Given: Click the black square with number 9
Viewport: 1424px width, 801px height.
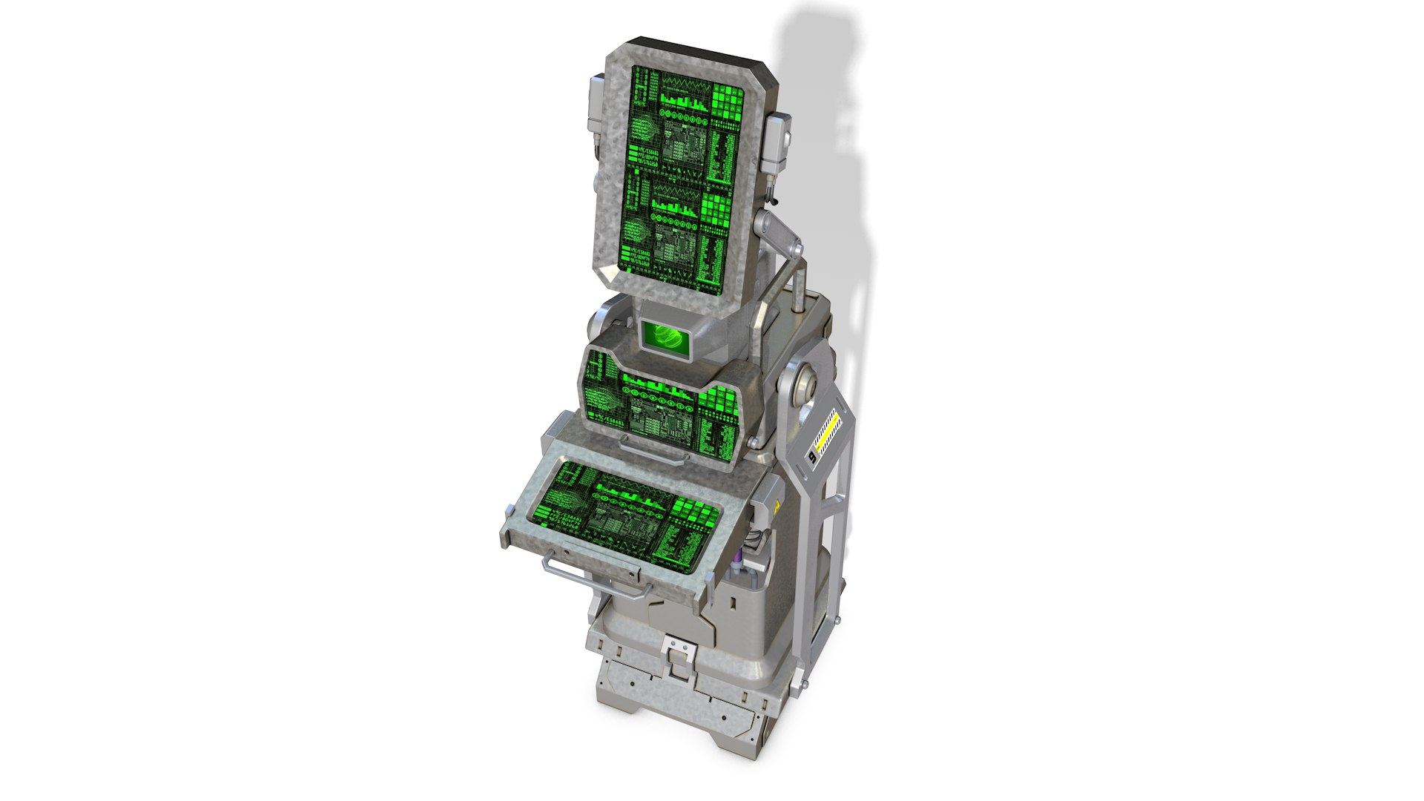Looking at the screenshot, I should point(812,458).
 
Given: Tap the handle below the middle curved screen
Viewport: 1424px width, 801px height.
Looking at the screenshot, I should point(653,452).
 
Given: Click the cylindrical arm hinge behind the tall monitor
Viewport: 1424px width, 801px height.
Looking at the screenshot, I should point(779,236).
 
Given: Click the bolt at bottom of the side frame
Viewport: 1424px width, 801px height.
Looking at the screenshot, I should point(836,620).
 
